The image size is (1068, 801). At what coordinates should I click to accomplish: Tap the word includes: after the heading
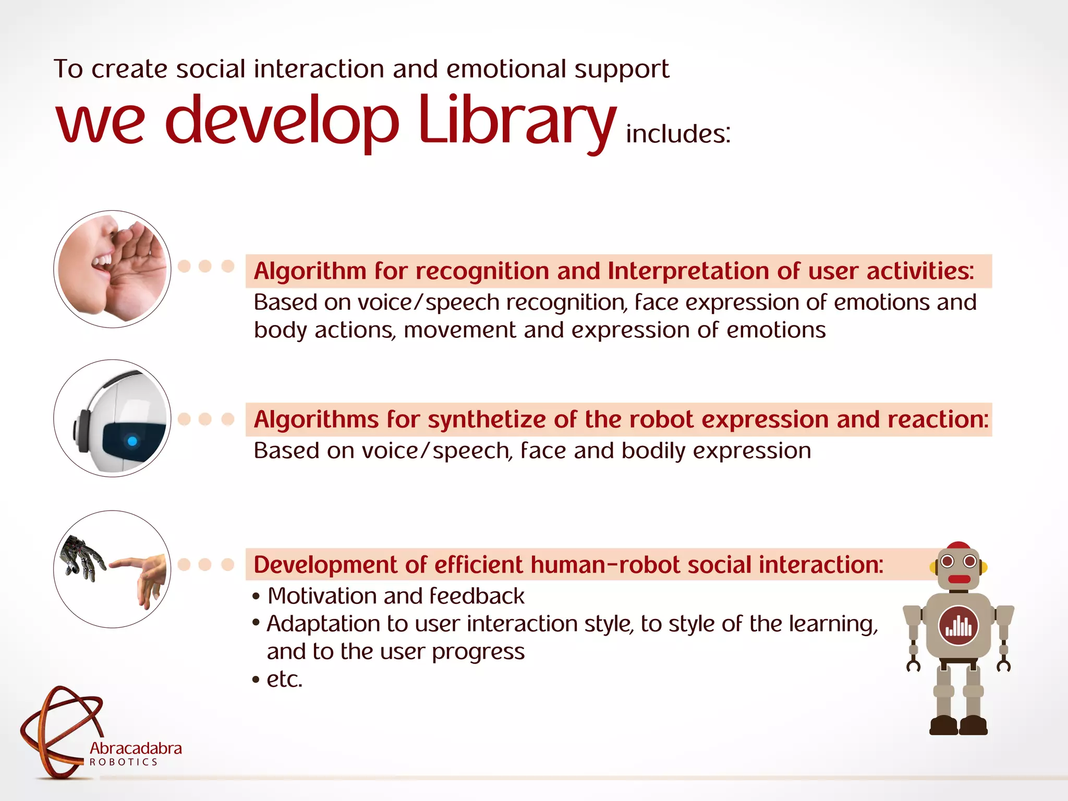pos(678,134)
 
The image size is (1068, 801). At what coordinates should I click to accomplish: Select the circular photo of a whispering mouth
pos(112,269)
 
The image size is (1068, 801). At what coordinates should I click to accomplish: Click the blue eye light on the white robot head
pos(132,441)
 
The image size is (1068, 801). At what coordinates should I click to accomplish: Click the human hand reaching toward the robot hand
pos(143,576)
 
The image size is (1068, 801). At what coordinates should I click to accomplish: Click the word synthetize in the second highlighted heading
pos(487,420)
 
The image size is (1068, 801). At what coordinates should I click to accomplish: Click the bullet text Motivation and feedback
pos(395,596)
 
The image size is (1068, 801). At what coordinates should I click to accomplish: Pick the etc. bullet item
pos(284,679)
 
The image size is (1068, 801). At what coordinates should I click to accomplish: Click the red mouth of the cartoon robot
pos(958,579)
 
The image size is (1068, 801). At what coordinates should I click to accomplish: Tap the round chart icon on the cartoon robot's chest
pos(958,625)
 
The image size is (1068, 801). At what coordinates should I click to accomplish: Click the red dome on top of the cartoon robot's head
pos(958,546)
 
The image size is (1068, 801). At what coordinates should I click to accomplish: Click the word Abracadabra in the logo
pos(136,748)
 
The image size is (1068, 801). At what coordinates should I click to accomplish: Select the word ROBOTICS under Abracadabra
pos(124,762)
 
